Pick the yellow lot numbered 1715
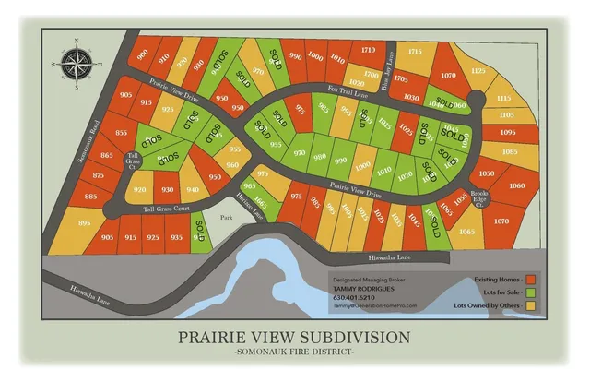pos(415,53)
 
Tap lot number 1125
pos(478,70)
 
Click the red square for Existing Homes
pos(530,278)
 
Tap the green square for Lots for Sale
pos(530,292)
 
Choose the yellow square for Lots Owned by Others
pos(530,305)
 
